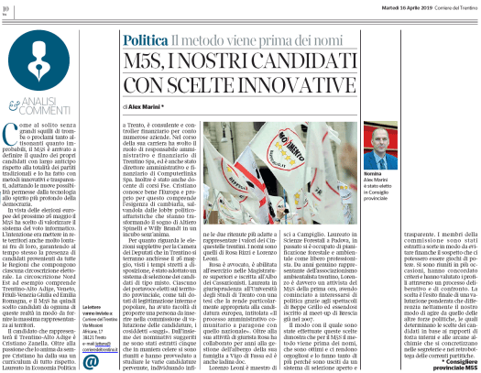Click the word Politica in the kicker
143,42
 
